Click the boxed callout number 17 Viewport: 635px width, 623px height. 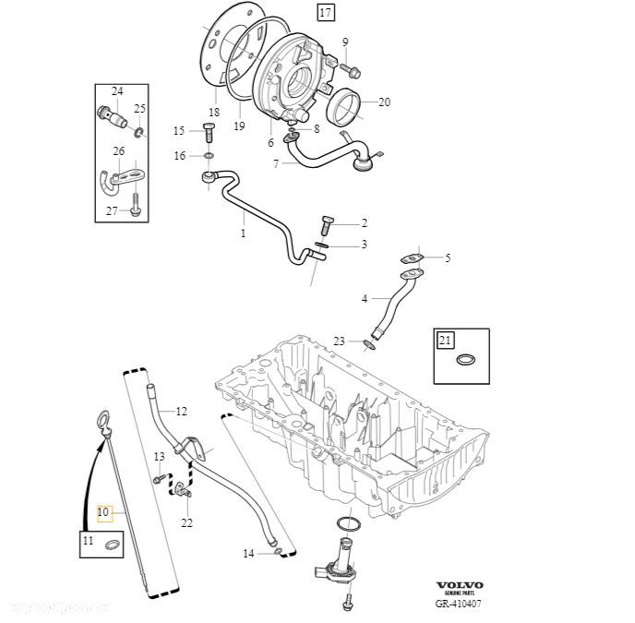click(x=326, y=13)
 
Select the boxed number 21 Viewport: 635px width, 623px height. click(x=447, y=341)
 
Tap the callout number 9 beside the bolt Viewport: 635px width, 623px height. click(x=345, y=42)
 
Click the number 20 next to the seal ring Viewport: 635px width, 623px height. click(x=384, y=102)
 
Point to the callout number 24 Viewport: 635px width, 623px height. click(x=117, y=91)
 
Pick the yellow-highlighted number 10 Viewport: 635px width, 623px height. click(x=102, y=512)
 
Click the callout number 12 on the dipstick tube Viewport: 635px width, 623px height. click(x=181, y=411)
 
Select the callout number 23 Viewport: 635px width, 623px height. click(x=339, y=341)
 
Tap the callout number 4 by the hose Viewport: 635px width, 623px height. click(x=364, y=299)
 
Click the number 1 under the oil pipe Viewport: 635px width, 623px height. click(x=244, y=234)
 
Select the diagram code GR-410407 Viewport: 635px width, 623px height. click(x=459, y=605)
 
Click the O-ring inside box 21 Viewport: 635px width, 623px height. click(x=468, y=361)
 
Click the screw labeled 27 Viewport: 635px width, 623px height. click(x=135, y=207)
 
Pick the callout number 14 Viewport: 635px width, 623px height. click(x=248, y=554)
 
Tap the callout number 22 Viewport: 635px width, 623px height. click(x=187, y=523)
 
